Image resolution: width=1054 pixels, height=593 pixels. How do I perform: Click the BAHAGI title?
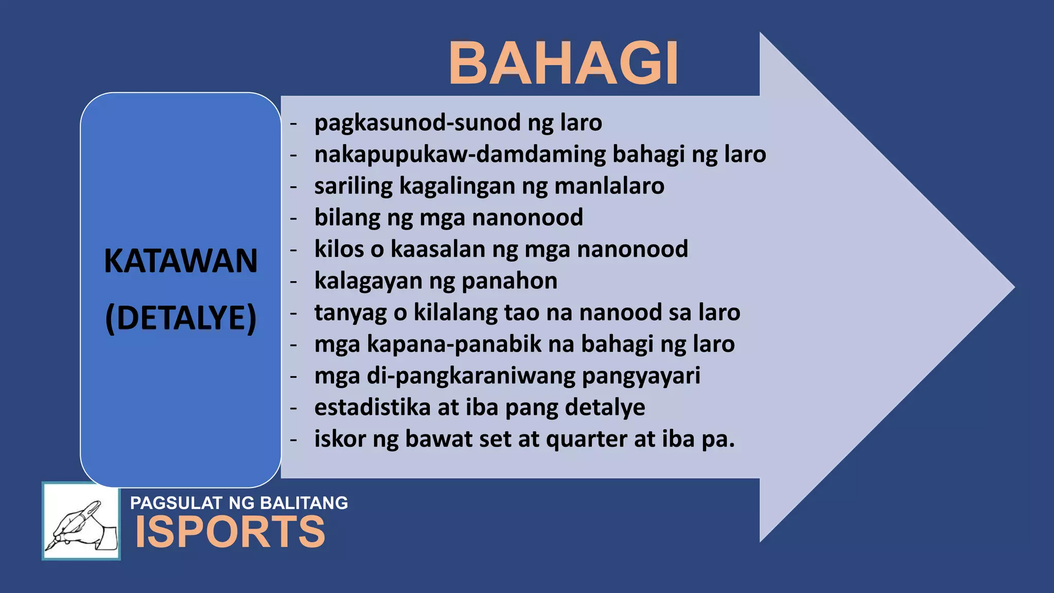click(564, 63)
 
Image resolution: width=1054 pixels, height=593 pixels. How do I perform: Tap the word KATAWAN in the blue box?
click(181, 261)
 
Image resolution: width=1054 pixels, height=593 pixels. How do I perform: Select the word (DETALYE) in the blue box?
click(181, 318)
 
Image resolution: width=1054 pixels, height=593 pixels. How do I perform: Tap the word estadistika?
click(372, 408)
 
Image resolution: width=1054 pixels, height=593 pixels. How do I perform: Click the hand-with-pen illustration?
click(81, 521)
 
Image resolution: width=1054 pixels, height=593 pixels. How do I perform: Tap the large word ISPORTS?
click(230, 532)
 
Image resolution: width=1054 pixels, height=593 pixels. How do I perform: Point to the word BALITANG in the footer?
click(304, 503)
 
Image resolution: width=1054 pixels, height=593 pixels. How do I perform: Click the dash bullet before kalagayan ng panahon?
click(293, 282)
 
